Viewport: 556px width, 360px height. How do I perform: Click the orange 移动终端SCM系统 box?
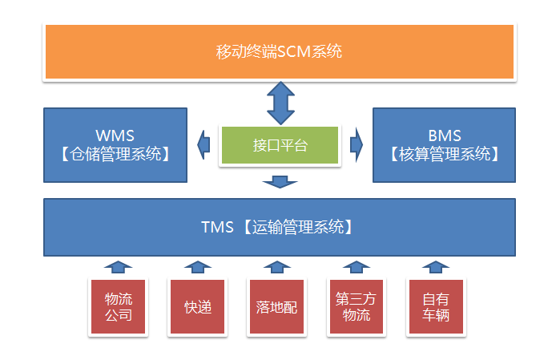[x=279, y=51]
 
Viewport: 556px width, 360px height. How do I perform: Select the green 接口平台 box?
[x=280, y=145]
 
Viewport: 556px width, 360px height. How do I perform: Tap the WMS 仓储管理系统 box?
[x=115, y=144]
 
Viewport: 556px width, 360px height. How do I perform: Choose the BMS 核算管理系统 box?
[x=444, y=144]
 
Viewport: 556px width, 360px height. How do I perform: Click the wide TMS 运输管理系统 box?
[x=279, y=227]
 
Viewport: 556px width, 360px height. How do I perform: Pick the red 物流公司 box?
[x=119, y=306]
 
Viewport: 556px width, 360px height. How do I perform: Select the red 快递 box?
[x=197, y=306]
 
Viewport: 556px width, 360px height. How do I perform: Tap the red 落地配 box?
[x=276, y=306]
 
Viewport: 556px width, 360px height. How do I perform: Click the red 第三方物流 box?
[x=356, y=306]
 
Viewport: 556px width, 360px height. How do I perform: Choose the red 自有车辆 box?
[x=435, y=306]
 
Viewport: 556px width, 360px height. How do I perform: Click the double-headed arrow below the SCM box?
[x=280, y=101]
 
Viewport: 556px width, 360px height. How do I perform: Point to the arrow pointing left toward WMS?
[x=204, y=144]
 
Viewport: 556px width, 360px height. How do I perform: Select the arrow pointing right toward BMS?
[x=356, y=144]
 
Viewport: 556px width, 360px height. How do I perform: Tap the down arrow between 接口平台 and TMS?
[x=280, y=183]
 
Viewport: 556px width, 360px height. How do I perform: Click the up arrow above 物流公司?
[x=119, y=267]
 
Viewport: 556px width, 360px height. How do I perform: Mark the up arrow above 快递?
[x=197, y=267]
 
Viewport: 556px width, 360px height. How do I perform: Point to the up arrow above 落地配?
[x=276, y=267]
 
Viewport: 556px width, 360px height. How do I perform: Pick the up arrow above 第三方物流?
[x=356, y=267]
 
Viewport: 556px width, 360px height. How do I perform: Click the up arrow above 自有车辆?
[x=435, y=267]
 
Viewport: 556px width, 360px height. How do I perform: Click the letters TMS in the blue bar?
[x=216, y=227]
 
